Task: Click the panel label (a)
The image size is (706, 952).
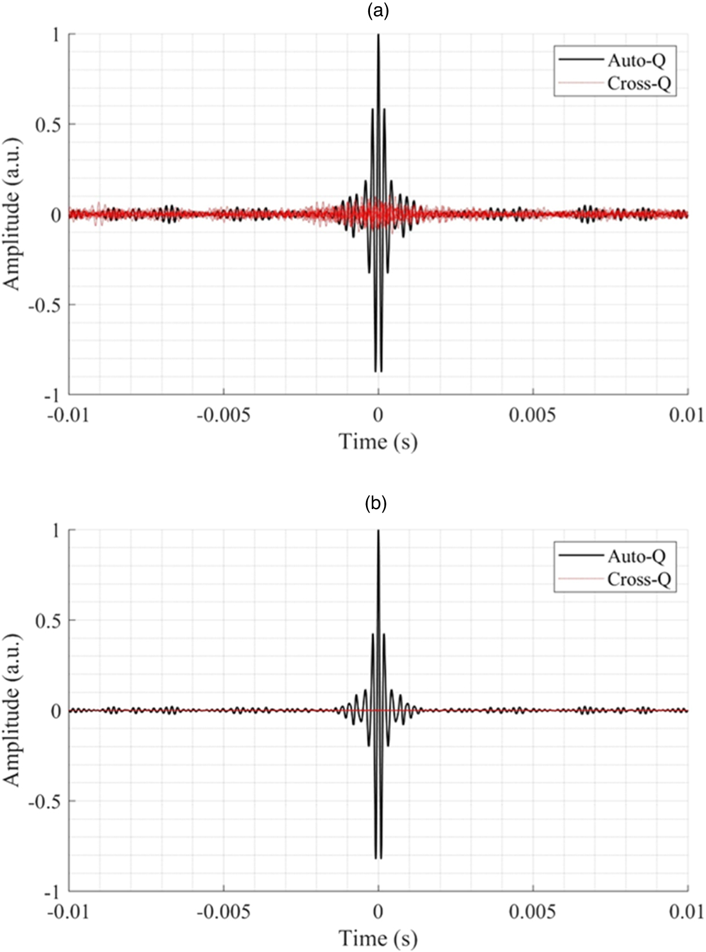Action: [x=378, y=11]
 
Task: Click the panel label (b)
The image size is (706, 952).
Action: [x=376, y=503]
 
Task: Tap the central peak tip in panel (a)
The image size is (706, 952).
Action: [x=378, y=36]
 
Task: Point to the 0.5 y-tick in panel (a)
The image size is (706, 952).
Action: [x=48, y=125]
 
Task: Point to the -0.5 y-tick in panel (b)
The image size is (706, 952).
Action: [x=44, y=801]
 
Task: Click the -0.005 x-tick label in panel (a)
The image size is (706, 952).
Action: [x=224, y=415]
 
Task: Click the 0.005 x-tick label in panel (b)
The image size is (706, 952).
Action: [x=532, y=911]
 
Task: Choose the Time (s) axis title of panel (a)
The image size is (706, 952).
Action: [x=378, y=441]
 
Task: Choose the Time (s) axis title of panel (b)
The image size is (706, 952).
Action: [x=378, y=938]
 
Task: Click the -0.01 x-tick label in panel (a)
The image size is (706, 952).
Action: [x=68, y=415]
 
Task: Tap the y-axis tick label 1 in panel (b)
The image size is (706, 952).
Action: [x=55, y=531]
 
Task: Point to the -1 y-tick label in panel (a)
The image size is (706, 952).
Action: [x=52, y=395]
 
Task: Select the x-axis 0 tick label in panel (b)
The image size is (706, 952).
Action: [x=378, y=911]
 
